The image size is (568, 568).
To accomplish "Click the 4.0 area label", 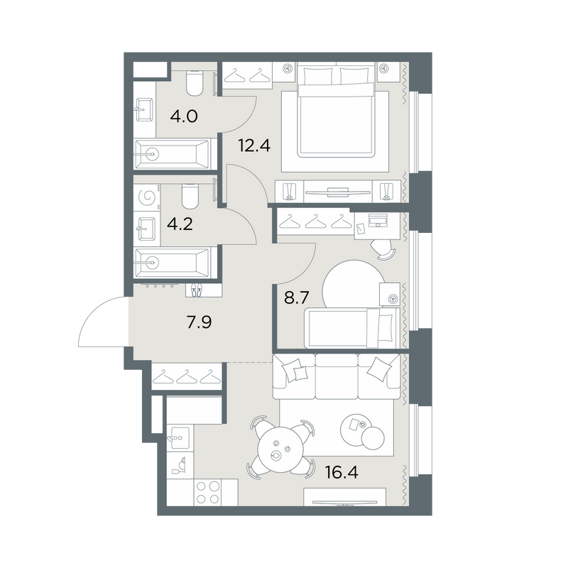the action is (x=184, y=116).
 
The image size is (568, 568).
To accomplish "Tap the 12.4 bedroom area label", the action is (x=254, y=146).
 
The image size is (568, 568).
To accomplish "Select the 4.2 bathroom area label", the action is (x=180, y=224).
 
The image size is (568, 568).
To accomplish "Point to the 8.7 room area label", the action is (x=296, y=298).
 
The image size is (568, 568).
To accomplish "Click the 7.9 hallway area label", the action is (x=199, y=322).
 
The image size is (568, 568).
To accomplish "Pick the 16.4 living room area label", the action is (x=342, y=472).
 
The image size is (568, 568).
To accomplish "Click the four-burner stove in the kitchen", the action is (x=208, y=492).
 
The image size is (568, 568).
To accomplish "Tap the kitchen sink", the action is (x=180, y=438).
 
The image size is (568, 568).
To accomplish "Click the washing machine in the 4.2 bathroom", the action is (x=147, y=198).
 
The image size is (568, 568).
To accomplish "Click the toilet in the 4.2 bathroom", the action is (x=190, y=196).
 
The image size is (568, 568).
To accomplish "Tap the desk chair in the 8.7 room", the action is (x=383, y=249).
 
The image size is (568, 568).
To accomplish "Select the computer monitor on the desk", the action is (x=378, y=220).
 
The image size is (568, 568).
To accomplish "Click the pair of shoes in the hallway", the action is (x=196, y=290).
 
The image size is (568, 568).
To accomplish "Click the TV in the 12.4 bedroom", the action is (x=338, y=192).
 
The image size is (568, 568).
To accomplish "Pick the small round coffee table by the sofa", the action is (x=373, y=437).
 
